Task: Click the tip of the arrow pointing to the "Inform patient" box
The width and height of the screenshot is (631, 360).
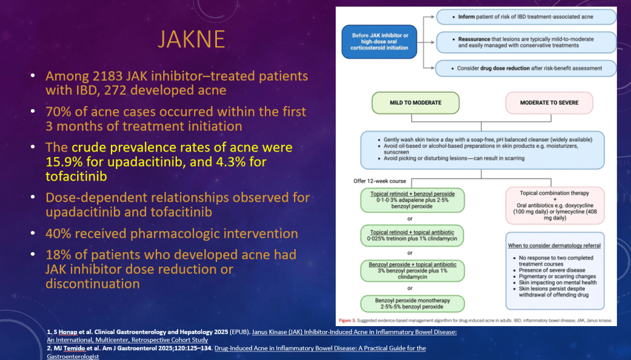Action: [435, 17]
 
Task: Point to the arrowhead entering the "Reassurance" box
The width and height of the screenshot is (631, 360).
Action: [435, 43]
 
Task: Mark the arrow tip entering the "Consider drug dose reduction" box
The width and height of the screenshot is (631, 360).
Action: [434, 68]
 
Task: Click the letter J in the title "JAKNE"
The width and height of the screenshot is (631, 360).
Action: [162, 39]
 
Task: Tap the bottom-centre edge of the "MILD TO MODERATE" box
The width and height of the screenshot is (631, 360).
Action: [415, 114]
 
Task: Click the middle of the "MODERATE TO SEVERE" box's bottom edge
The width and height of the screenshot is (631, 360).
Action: [549, 114]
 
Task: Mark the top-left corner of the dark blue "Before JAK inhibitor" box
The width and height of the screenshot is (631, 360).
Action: [341, 25]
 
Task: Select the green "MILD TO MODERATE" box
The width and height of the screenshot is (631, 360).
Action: [415, 103]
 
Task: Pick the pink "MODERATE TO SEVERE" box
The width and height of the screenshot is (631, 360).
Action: [549, 103]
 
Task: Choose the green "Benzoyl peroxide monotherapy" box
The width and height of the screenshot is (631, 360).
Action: [412, 304]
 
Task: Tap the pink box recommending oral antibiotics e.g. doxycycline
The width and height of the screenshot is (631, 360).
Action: [555, 205]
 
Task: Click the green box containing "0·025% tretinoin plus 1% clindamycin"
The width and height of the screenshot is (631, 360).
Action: [412, 235]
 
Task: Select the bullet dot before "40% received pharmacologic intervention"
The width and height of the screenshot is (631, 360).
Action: [33, 233]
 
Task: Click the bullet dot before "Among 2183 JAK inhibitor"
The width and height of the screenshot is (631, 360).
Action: [33, 76]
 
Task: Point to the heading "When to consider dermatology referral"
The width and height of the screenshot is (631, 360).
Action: [554, 245]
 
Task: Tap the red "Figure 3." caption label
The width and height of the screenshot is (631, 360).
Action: [347, 321]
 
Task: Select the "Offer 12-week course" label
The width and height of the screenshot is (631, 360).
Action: [380, 181]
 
